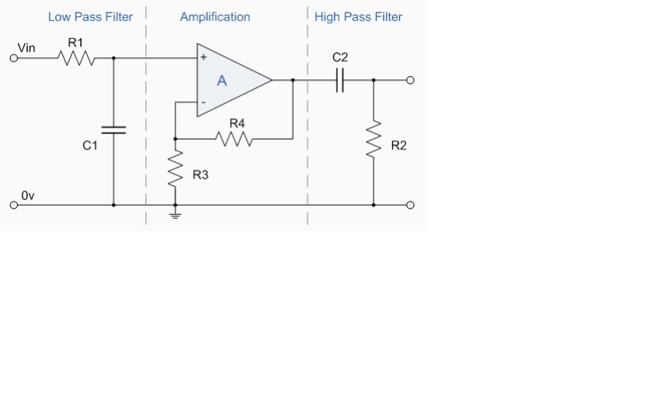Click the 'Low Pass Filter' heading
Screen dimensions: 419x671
click(90, 17)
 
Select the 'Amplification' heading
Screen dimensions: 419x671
click(215, 17)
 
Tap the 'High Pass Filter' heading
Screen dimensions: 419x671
click(358, 17)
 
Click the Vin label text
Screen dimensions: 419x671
click(26, 48)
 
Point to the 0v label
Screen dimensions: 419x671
click(28, 196)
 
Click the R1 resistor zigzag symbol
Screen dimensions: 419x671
click(76, 57)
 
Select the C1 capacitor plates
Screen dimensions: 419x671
click(113, 128)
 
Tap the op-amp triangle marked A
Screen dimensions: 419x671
click(229, 80)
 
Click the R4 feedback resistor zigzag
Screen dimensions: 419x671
click(235, 139)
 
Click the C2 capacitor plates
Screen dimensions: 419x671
click(339, 80)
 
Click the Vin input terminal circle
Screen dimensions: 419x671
click(13, 57)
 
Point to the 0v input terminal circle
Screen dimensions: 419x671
click(13, 206)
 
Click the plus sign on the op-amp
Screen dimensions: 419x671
click(203, 57)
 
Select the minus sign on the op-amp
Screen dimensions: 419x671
click(203, 102)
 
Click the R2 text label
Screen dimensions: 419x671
click(398, 146)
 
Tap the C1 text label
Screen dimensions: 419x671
click(90, 146)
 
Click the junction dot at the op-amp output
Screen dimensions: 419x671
click(293, 80)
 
